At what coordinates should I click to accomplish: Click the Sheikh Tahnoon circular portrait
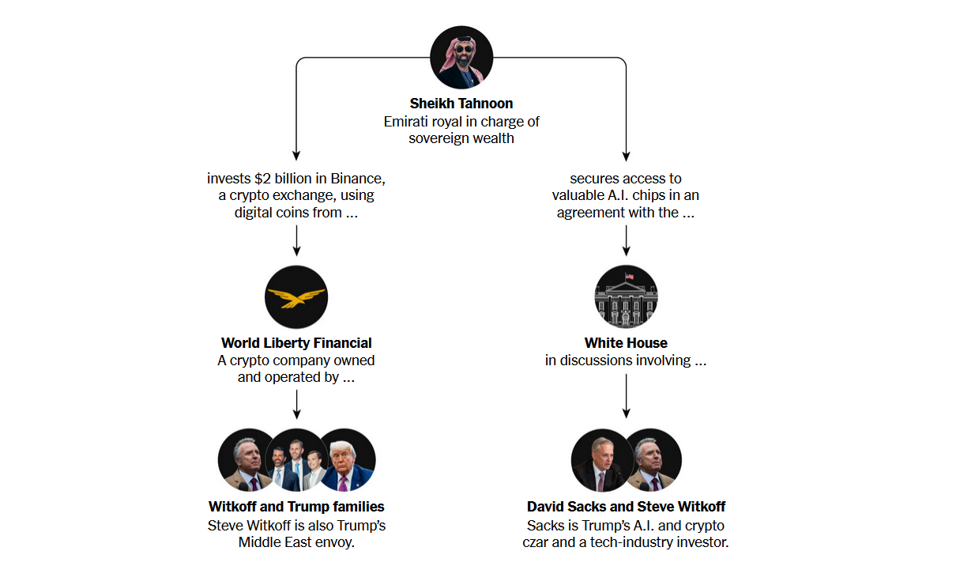(x=461, y=58)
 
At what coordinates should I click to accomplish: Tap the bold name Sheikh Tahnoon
(x=461, y=104)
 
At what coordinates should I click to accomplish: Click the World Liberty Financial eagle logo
(x=296, y=297)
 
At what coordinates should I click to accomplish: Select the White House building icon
(x=626, y=296)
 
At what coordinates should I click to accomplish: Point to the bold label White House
(x=626, y=343)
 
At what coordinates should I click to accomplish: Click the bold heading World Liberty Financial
(x=296, y=343)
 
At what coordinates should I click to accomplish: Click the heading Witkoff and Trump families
(x=296, y=507)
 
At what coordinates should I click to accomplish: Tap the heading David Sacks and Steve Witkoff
(x=626, y=507)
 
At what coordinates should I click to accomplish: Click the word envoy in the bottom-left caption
(x=335, y=542)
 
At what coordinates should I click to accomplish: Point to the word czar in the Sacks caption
(x=535, y=542)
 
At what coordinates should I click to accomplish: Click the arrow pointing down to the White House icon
(x=626, y=240)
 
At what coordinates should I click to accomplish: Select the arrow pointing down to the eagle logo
(x=296, y=240)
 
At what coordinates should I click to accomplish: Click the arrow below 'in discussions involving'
(x=626, y=396)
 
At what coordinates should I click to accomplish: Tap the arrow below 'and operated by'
(x=296, y=405)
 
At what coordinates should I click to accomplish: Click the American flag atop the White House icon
(x=629, y=276)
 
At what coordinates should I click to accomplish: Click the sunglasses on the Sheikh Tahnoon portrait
(x=464, y=49)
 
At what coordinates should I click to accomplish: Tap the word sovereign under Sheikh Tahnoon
(x=438, y=138)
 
